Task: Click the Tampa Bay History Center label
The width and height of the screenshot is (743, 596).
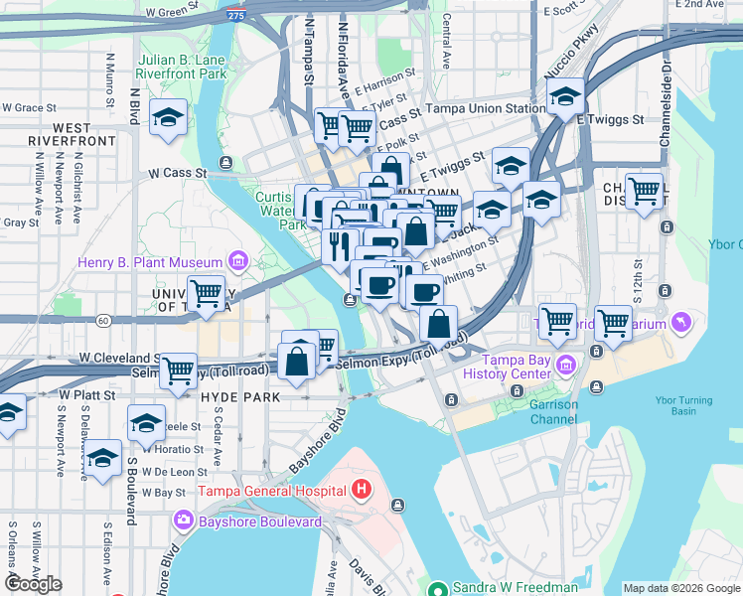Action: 517,367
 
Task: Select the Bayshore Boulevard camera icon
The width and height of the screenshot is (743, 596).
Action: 183,520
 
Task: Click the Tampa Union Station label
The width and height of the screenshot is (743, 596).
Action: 486,108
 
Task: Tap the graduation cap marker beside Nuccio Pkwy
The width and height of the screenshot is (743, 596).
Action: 565,96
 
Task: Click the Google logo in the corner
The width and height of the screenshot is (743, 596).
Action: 33,584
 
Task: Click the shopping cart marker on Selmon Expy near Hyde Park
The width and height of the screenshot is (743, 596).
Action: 178,370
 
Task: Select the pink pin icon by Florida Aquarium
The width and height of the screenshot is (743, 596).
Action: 679,322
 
